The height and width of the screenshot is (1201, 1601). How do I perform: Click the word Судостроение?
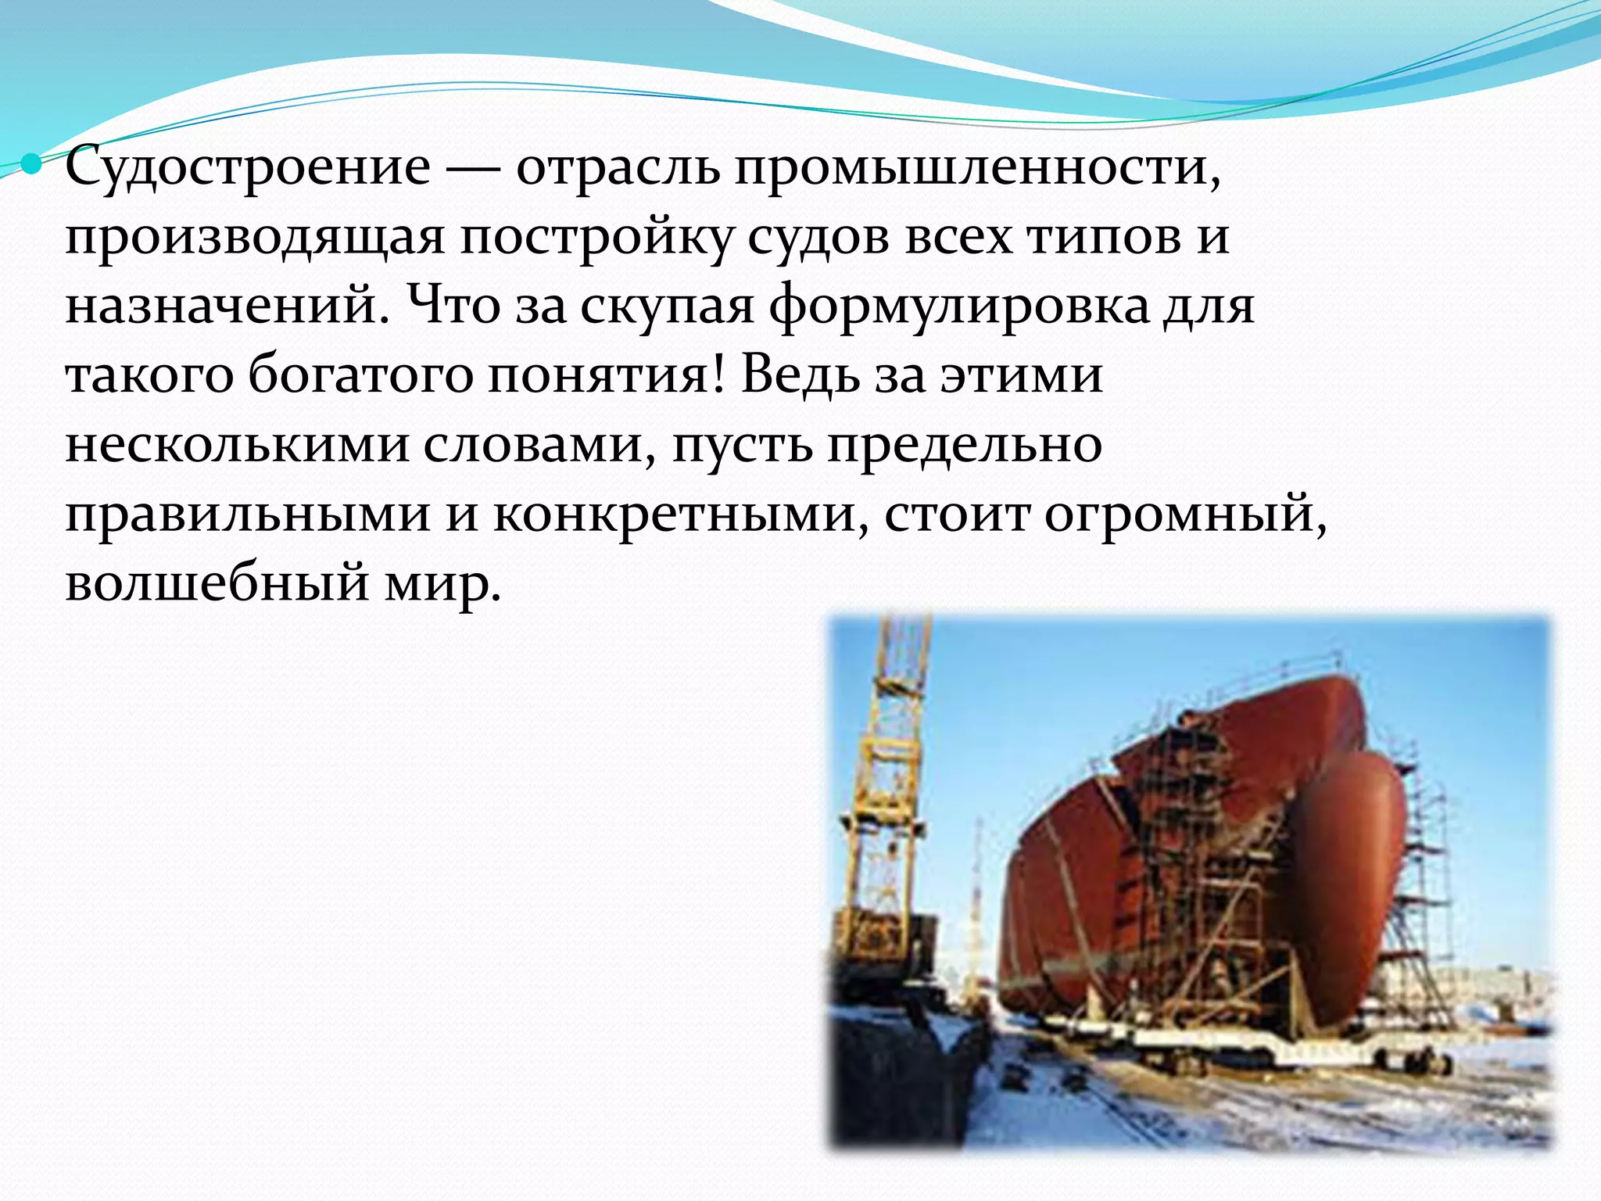pyautogui.click(x=248, y=168)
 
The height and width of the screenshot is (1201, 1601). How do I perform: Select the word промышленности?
pyautogui.click(x=976, y=168)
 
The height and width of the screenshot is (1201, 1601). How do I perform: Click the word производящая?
pyautogui.click(x=253, y=238)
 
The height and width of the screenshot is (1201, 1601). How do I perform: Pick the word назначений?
pyautogui.click(x=227, y=306)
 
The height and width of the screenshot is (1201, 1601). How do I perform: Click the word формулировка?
pyautogui.click(x=959, y=306)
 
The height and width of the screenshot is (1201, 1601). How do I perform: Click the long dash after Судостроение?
pyautogui.click(x=473, y=169)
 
